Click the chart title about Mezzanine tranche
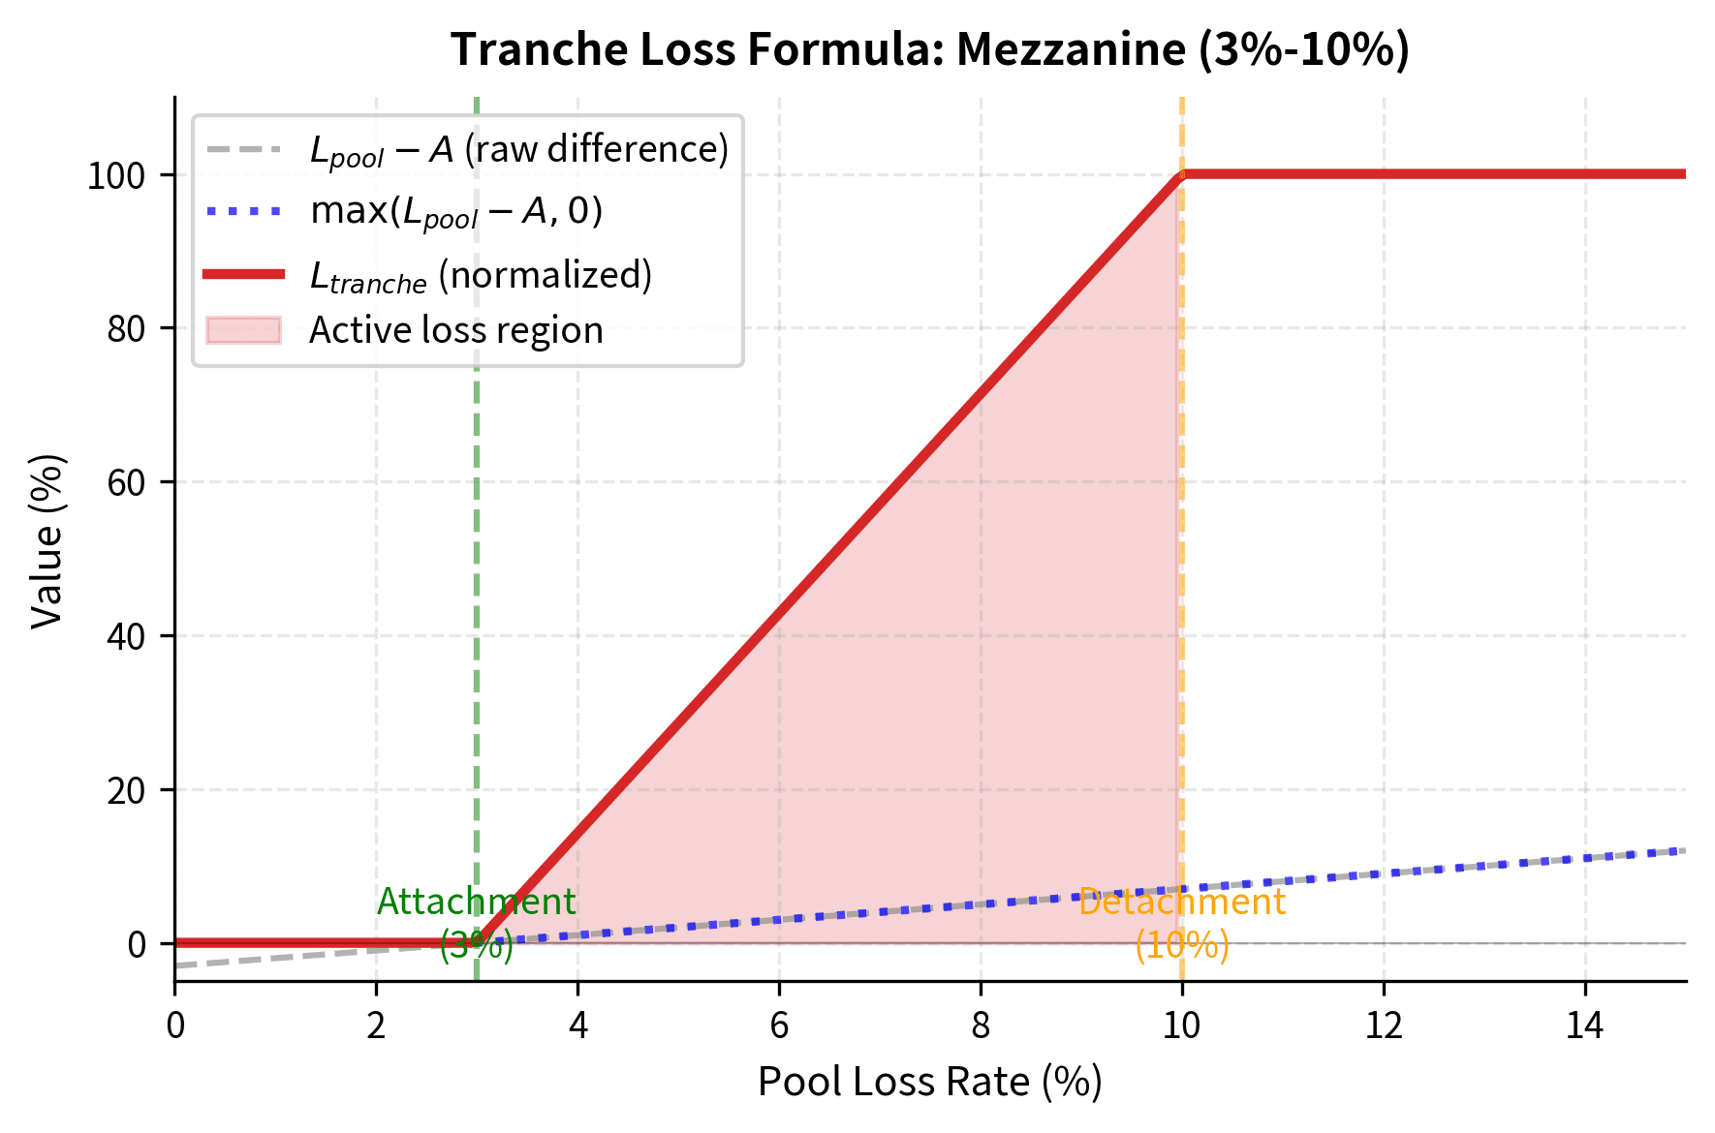929,49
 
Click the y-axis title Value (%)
47,540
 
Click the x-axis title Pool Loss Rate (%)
929,1082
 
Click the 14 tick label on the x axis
1584,1026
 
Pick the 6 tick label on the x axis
779,1026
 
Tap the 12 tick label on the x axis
1383,1026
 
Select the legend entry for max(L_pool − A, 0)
456,211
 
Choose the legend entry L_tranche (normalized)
481,276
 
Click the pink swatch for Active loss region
243,330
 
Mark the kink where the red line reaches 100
1181,175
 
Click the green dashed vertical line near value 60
476,482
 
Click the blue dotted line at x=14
1584,858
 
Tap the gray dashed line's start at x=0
177,965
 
